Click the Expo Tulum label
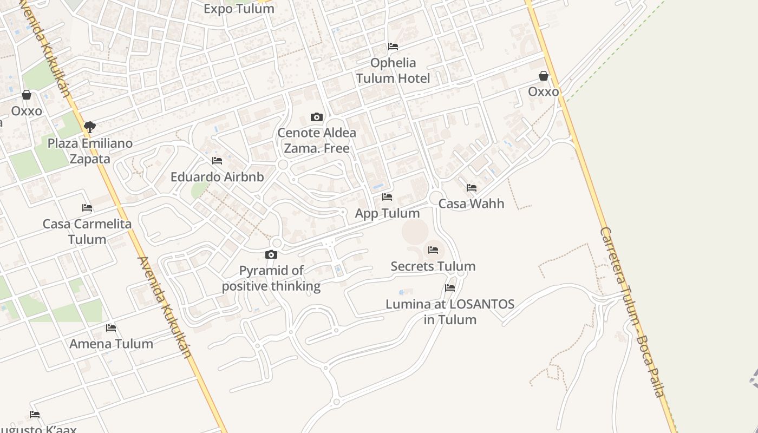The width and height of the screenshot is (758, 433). (x=239, y=9)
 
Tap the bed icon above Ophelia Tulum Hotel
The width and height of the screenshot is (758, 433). (x=393, y=47)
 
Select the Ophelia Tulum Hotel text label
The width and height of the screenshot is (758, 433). (x=393, y=70)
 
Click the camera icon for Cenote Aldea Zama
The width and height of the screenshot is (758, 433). (x=317, y=117)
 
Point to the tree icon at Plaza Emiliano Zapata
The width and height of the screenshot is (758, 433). (x=90, y=127)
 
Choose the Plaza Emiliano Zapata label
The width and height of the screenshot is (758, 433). (x=90, y=151)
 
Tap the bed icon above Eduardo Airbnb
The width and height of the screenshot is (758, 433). (x=217, y=161)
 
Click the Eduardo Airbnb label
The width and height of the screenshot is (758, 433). (x=217, y=177)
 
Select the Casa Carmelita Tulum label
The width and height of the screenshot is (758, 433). (x=87, y=231)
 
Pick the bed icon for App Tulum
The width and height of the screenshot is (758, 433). (x=387, y=197)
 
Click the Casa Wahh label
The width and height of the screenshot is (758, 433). (x=471, y=204)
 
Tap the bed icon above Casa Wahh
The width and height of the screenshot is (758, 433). (x=472, y=188)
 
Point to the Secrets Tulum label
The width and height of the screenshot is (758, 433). (x=433, y=266)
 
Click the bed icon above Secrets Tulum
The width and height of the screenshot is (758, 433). (x=433, y=250)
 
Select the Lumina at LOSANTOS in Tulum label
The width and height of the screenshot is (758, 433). (x=450, y=312)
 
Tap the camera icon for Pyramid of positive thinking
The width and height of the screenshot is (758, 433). (x=271, y=254)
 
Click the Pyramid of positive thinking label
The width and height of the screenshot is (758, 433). (x=271, y=278)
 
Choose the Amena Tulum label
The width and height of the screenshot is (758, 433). (x=111, y=344)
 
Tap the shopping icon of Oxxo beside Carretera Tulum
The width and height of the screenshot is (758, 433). (x=544, y=76)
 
